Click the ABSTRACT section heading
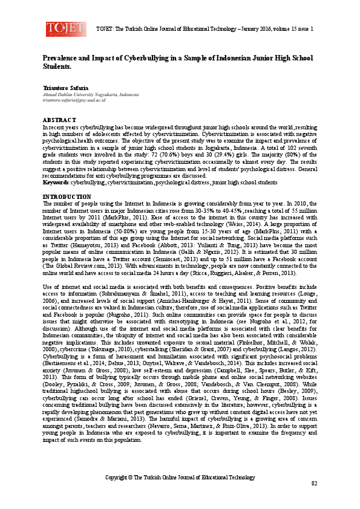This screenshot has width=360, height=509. point(59,120)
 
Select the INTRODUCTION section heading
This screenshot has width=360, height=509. point(67,180)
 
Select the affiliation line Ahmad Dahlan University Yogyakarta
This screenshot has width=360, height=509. point(90,95)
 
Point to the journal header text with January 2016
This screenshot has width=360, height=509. point(205,28)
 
